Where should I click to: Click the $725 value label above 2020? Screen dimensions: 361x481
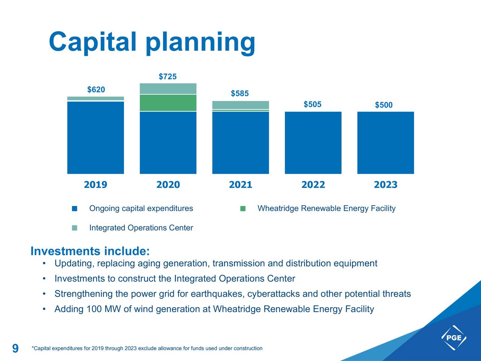[x=168, y=77]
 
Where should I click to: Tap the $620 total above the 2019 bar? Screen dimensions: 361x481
[x=96, y=89]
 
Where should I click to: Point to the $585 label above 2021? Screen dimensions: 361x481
[x=240, y=94]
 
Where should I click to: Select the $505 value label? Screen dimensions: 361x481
[x=312, y=104]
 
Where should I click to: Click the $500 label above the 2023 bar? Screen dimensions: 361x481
[x=384, y=105]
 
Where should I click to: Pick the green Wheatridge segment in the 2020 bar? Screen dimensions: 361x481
[x=168, y=103]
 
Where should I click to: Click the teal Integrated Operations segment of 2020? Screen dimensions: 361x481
[x=168, y=88]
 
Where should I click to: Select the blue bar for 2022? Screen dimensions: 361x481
[x=313, y=143]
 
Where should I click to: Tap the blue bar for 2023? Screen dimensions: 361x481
[x=386, y=143]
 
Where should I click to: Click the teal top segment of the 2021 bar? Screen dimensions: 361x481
[x=240, y=105]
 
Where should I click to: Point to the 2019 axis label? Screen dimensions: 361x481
[x=95, y=185]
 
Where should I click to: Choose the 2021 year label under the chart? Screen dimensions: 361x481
[x=240, y=185]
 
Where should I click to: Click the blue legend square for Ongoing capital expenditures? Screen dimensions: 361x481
[x=74, y=209]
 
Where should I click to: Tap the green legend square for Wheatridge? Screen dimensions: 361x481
[x=243, y=209]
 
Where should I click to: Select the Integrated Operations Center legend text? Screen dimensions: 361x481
[x=141, y=228]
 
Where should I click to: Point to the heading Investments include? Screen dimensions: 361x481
[x=90, y=251]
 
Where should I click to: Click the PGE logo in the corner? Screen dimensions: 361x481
[x=454, y=337]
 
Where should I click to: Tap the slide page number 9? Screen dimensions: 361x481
[x=15, y=349]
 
